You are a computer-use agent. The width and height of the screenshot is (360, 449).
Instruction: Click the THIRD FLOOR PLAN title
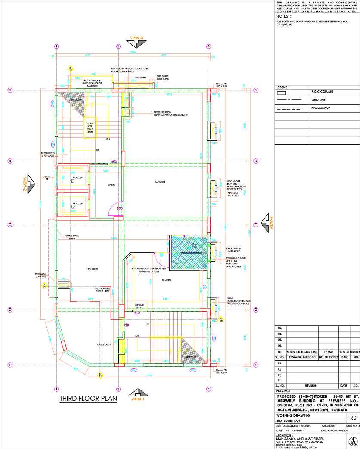[88, 398]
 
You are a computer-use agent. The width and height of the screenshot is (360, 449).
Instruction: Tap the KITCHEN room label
[166, 280]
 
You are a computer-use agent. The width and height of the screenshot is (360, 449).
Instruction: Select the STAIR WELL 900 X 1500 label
[90, 126]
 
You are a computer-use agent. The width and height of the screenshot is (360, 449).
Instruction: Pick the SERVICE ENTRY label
[139, 306]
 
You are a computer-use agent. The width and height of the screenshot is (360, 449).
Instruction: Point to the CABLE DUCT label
[104, 344]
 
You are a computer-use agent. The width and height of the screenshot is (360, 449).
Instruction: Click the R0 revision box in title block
[353, 418]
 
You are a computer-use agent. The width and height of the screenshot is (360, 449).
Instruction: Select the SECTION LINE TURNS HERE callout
[103, 289]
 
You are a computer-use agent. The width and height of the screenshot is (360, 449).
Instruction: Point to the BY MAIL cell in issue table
[329, 352]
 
